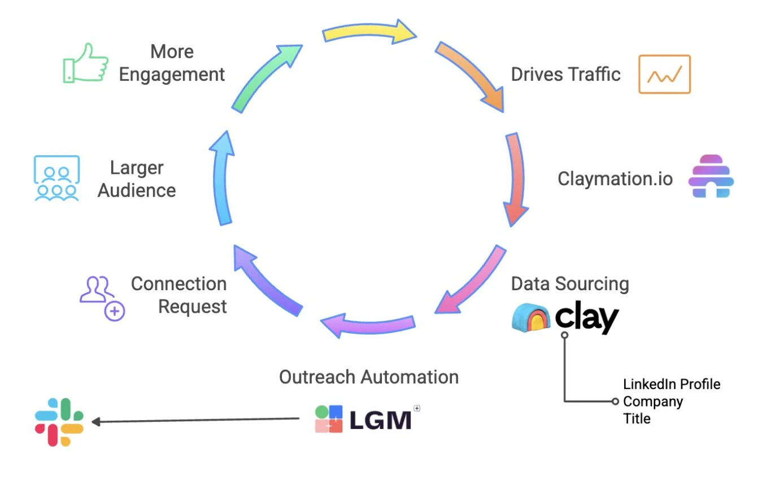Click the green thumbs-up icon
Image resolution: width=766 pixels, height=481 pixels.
pyautogui.click(x=85, y=63)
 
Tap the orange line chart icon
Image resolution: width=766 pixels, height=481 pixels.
pyautogui.click(x=664, y=74)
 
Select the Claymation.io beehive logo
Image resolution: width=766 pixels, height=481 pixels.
pyautogui.click(x=711, y=176)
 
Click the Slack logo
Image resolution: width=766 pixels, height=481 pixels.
pyautogui.click(x=59, y=422)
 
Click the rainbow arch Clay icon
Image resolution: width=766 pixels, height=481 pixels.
pyautogui.click(x=531, y=318)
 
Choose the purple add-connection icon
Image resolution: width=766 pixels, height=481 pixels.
pyautogui.click(x=102, y=298)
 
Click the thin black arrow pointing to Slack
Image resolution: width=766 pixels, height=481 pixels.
pyautogui.click(x=195, y=420)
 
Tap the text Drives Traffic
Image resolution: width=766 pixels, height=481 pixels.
pyautogui.click(x=565, y=75)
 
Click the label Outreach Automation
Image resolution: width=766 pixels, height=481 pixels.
pyautogui.click(x=368, y=377)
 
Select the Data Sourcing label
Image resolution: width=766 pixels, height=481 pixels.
pyautogui.click(x=569, y=283)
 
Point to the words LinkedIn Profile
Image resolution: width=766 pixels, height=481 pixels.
pyautogui.click(x=672, y=384)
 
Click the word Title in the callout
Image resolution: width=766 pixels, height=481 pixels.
pyautogui.click(x=637, y=418)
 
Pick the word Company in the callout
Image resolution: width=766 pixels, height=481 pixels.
pyautogui.click(x=652, y=401)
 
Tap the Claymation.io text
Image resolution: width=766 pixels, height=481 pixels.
pyautogui.click(x=615, y=178)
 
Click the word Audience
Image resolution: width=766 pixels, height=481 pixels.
pyautogui.click(x=137, y=190)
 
